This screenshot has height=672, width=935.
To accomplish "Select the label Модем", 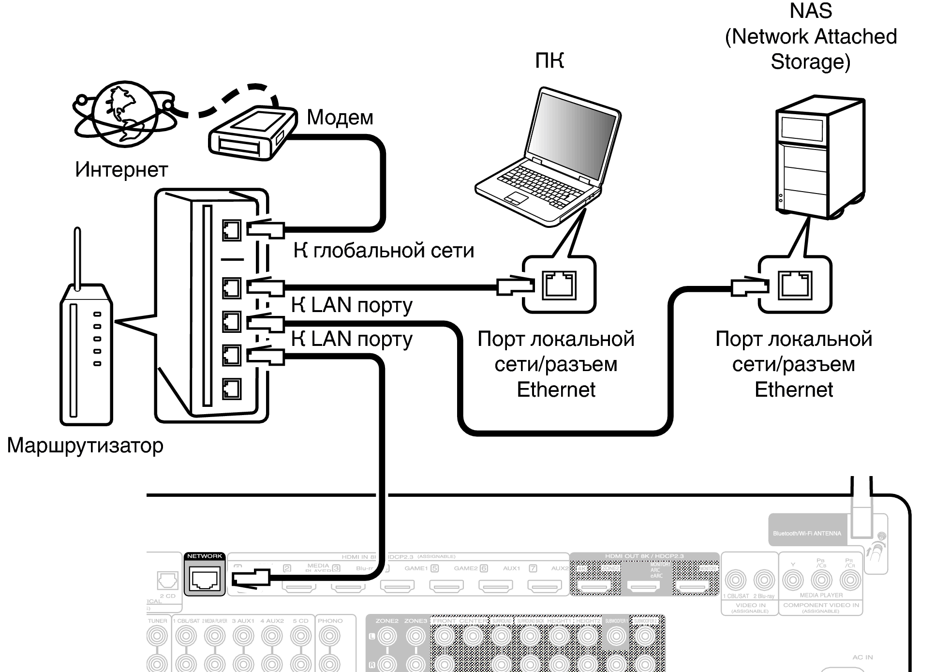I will (340, 118).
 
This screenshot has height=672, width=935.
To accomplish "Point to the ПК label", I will (549, 61).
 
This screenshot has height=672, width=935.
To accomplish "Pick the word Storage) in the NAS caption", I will (810, 62).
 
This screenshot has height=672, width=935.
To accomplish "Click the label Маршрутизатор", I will (85, 445).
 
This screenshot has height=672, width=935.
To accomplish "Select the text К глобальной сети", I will (384, 251).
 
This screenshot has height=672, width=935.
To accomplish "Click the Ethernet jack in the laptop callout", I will (559, 285).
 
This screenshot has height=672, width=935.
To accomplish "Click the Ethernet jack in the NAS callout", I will (795, 285).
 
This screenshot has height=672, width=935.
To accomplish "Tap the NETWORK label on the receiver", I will (205, 556).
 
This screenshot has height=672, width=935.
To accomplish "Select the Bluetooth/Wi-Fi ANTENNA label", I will (807, 534).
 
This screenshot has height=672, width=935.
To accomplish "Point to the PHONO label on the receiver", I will (330, 621).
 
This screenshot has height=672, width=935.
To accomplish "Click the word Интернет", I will (121, 170).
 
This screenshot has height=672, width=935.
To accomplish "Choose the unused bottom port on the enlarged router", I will (231, 388).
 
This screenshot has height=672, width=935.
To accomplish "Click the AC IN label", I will (862, 657).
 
